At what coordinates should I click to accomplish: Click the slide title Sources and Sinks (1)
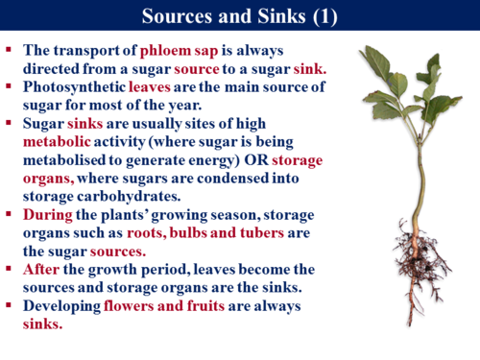pos(239,16)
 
